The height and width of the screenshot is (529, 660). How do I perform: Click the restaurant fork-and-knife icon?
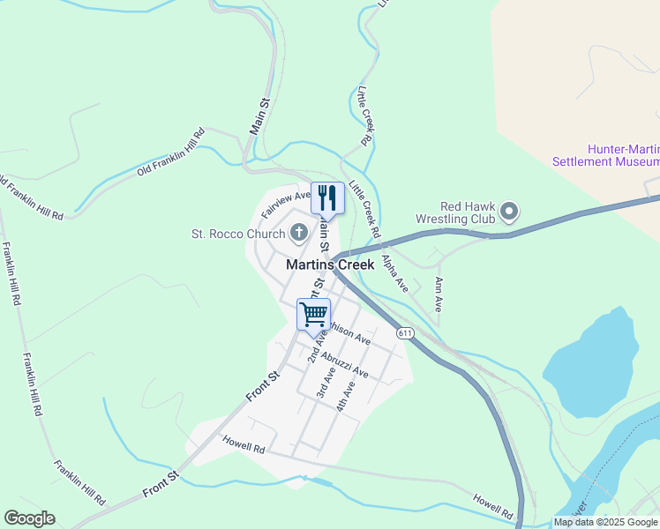point(327,197)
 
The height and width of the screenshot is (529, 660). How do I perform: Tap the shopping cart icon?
point(313,314)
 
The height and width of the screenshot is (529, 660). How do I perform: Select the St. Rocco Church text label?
point(238,234)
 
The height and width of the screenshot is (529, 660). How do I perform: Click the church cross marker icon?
point(299,234)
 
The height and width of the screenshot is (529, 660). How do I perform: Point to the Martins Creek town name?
point(330,264)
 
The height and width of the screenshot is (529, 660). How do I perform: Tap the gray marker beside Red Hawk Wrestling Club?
point(509,212)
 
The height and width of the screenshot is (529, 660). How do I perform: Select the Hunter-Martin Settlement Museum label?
point(605,156)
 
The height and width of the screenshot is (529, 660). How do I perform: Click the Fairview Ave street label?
point(286,205)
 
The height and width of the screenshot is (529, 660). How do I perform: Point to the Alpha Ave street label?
point(394,273)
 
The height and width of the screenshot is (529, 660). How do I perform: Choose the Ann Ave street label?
point(438,294)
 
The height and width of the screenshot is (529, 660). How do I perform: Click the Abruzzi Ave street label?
point(345,366)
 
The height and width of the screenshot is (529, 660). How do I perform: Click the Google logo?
point(29,518)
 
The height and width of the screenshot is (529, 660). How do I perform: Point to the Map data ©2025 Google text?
point(605,522)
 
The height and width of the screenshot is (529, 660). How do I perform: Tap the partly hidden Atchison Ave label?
point(350,333)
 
